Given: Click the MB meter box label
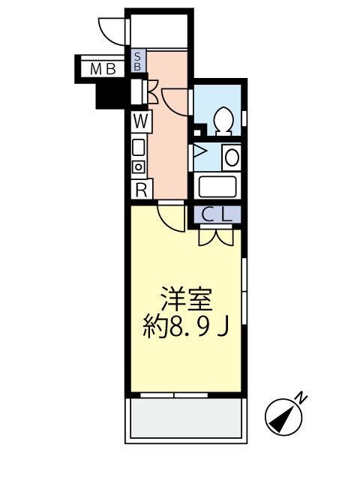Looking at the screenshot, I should (x=103, y=70).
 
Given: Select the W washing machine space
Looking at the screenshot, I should (x=140, y=119).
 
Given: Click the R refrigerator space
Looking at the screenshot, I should (x=140, y=190).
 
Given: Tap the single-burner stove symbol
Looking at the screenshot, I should (x=139, y=167).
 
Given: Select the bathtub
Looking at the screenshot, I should (x=216, y=185).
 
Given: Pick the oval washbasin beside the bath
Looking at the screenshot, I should (x=231, y=157).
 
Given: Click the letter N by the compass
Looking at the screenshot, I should (x=299, y=397).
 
